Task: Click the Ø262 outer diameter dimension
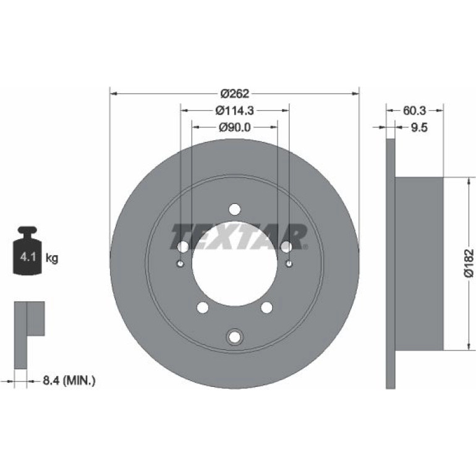(234, 93)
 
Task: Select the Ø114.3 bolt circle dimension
(234, 111)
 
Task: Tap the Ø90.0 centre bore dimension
(235, 127)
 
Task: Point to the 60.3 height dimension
(414, 111)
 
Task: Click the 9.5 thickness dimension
(419, 127)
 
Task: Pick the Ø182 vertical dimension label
(469, 263)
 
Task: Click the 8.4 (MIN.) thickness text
(69, 380)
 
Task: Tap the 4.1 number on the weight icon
(28, 257)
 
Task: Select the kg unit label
(51, 258)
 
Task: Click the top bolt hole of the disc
(235, 209)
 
